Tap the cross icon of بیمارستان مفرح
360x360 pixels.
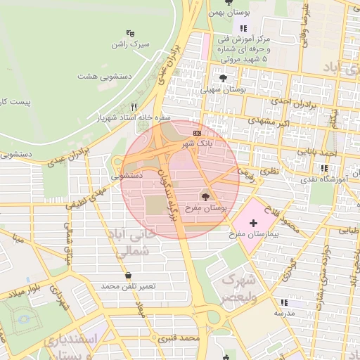pos(253,223)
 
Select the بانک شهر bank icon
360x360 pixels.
pos(197,131)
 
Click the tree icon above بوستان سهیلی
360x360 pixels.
pos(223,78)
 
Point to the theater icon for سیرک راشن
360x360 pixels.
pos(129,32)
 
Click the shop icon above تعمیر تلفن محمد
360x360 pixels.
pos(127,274)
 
